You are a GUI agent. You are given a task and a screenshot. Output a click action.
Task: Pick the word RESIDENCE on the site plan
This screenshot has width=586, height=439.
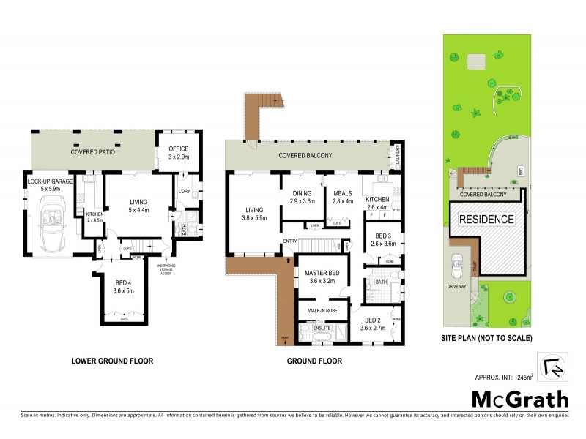point(486,219)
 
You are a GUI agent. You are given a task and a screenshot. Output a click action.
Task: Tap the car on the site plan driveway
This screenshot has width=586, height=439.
point(458,263)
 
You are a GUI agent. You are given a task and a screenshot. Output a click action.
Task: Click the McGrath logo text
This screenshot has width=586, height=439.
point(519,399)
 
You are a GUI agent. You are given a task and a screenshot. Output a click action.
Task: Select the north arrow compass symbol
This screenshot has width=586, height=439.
point(552,366)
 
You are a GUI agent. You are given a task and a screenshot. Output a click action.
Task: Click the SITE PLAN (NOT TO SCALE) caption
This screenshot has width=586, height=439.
point(486,338)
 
